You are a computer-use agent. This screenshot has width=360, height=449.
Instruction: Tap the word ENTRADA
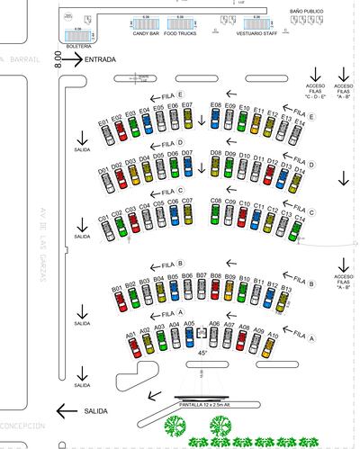pos(100,59)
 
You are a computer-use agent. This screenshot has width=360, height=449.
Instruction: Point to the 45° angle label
pos(202,354)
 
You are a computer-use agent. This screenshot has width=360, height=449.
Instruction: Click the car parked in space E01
pos(104,134)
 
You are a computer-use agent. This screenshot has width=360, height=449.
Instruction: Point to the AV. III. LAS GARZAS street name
pos(42,243)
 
